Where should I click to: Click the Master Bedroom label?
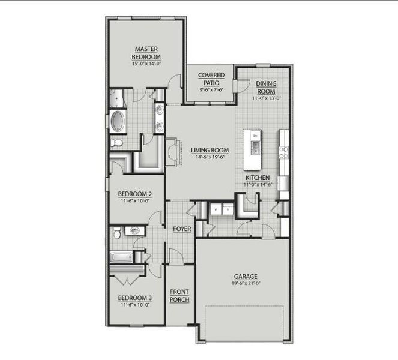pos(146,52)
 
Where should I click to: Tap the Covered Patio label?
pos(212,79)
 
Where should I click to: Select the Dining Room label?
pos(266,88)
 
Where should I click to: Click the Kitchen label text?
pos(257,178)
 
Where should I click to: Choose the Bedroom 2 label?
pos(134,194)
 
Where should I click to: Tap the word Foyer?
pos(182,229)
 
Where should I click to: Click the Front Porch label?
pos(180,295)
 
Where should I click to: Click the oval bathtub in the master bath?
pos(117,122)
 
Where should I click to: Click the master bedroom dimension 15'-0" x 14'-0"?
pos(146,63)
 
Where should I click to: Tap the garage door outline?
pos(244,324)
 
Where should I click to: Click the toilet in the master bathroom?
pos(116,143)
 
